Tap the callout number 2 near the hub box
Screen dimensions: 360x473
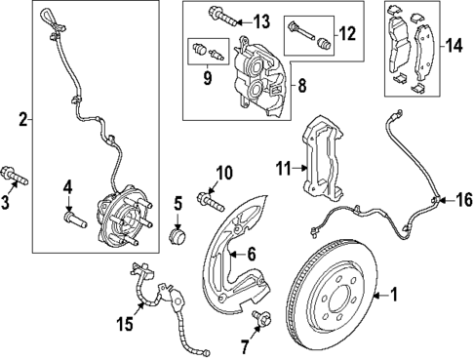coord(22,121)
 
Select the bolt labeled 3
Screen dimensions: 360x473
coord(18,179)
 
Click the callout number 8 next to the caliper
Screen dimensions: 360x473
coord(300,87)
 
